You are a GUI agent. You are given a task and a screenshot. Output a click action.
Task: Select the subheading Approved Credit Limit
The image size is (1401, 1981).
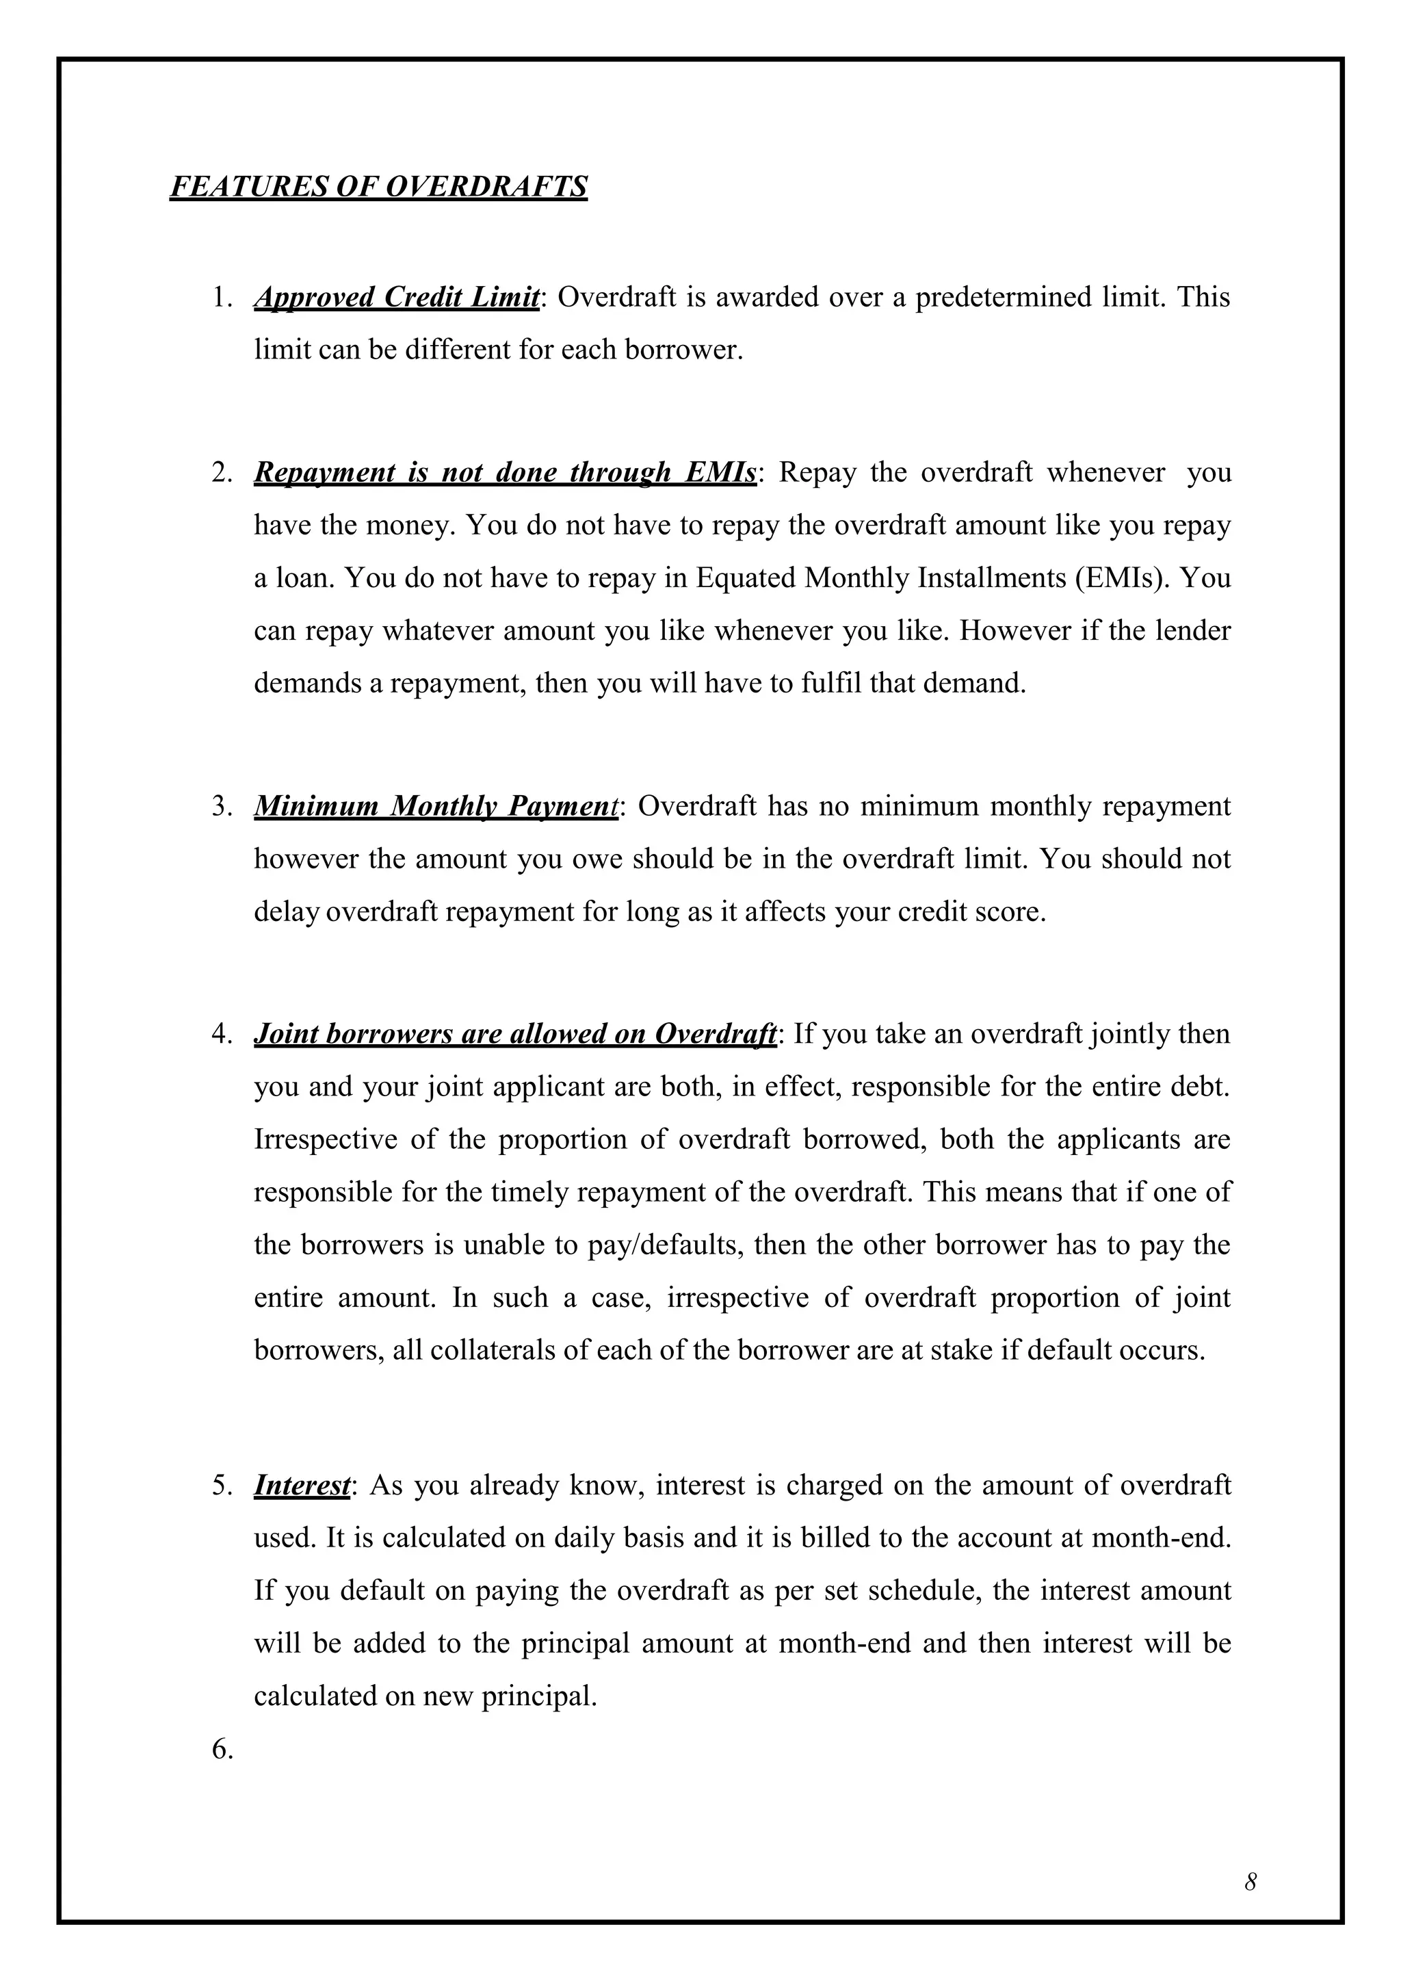point(397,297)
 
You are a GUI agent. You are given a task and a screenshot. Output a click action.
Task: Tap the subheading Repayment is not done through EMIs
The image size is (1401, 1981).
point(505,472)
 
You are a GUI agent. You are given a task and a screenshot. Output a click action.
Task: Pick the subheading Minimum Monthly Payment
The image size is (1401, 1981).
point(436,806)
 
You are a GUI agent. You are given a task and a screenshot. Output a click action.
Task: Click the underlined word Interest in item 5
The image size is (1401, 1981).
point(302,1485)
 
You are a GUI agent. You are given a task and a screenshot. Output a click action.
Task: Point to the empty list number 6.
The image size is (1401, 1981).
point(222,1749)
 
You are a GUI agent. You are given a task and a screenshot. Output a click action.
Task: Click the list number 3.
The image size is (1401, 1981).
point(222,806)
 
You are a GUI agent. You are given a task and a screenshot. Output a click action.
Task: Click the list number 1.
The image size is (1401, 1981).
point(222,297)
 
